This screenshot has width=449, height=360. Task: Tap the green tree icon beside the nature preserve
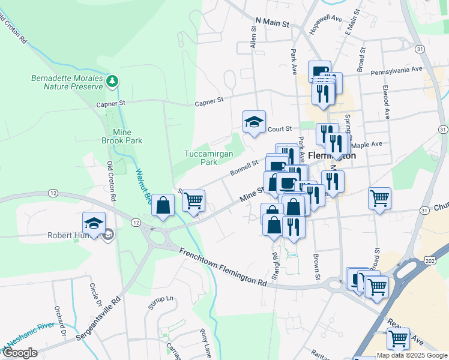coord(112,81)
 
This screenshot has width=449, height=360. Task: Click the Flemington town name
coord(332,155)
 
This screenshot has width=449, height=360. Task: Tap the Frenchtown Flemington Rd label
coord(223,267)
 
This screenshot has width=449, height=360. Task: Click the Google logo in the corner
coord(20,353)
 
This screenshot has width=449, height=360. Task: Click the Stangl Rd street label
coord(275,263)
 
